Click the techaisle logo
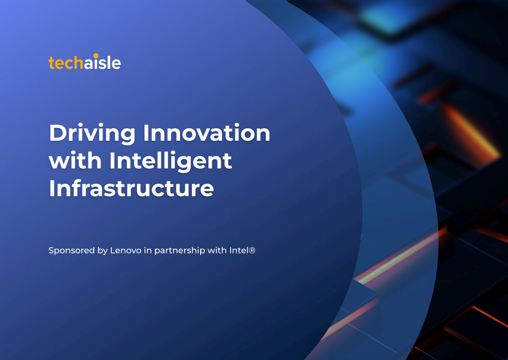[84, 62]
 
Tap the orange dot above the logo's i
[96, 56]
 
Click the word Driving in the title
[92, 133]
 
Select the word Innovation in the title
[207, 133]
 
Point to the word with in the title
[75, 160]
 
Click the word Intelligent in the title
[171, 161]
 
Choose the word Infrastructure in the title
[131, 188]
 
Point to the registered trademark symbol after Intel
[252, 250]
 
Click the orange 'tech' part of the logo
[66, 63]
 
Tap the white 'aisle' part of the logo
[102, 62]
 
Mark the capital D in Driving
[58, 133]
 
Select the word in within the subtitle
[148, 250]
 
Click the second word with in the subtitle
[217, 250]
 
